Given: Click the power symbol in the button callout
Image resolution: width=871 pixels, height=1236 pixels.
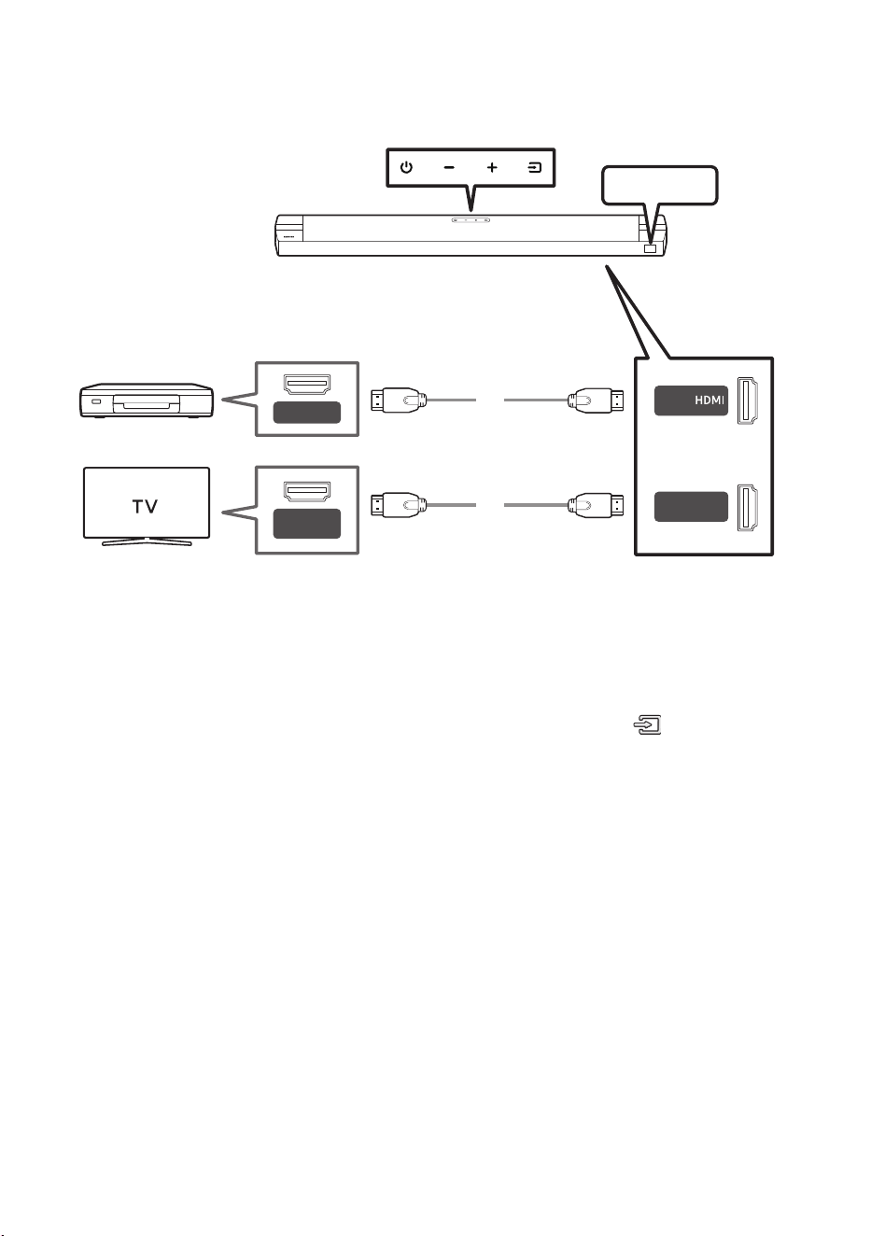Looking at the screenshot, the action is point(406,167).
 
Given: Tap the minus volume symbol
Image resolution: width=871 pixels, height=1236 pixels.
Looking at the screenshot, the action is point(449,167).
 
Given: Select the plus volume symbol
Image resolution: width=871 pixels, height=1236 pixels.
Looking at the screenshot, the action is point(492,167).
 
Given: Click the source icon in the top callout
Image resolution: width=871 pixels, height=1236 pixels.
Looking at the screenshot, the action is point(534,167).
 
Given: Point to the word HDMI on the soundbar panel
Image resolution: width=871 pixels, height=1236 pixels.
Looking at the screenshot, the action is point(709,400).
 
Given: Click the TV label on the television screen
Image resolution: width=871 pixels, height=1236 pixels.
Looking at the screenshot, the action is point(146,506).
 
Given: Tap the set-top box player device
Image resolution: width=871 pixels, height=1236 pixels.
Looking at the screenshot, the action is point(147,400).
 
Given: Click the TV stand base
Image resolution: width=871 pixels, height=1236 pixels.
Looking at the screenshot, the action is point(147,541).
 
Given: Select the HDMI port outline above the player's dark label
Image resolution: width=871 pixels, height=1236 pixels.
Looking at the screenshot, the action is point(307,385).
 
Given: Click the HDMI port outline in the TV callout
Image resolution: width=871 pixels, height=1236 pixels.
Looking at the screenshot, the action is point(307,491).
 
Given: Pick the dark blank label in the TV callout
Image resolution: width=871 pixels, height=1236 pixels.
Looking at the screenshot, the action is point(307,524).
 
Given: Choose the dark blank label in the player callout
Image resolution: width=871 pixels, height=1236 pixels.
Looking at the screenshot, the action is point(307,413).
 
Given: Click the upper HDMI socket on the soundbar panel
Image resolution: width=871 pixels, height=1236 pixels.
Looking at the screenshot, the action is point(748,400).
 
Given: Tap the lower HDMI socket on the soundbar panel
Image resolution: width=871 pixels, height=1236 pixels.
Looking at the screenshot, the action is point(748,507).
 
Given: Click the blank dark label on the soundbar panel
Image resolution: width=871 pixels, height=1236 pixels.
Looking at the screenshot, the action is point(691,507).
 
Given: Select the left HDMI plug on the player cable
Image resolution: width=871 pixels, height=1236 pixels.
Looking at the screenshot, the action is point(399,400).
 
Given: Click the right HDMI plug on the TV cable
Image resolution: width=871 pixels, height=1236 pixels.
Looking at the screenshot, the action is point(597,505).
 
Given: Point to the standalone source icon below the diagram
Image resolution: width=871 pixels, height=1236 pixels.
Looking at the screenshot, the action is point(647,724).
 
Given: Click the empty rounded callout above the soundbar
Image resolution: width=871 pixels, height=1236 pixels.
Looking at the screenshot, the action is point(659,186).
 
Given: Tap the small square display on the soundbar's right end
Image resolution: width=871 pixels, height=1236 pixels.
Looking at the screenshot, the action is point(650,249).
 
